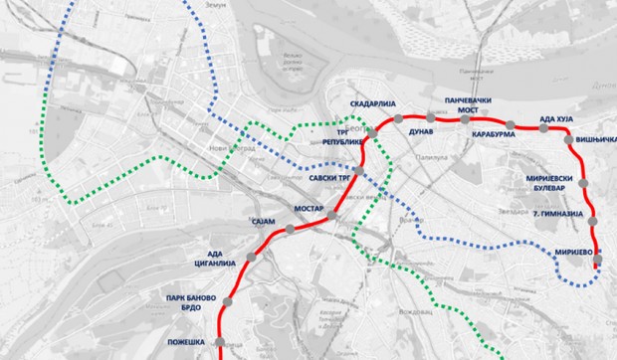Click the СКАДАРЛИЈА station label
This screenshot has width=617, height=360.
tap(371, 104)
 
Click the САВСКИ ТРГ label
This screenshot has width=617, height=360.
tap(331, 179)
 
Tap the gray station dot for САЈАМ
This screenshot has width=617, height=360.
tap(289, 230)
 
